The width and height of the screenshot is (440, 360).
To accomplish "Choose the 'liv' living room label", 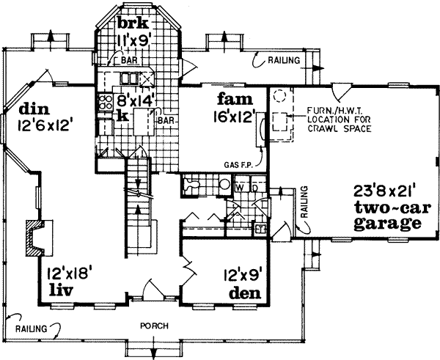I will [x=59, y=290].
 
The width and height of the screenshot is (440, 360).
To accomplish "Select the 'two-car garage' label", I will [x=386, y=215].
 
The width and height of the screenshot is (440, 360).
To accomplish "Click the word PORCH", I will [x=152, y=326].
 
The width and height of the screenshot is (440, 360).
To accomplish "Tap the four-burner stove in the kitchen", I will [x=104, y=103].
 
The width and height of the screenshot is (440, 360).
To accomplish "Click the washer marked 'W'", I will [x=241, y=188].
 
